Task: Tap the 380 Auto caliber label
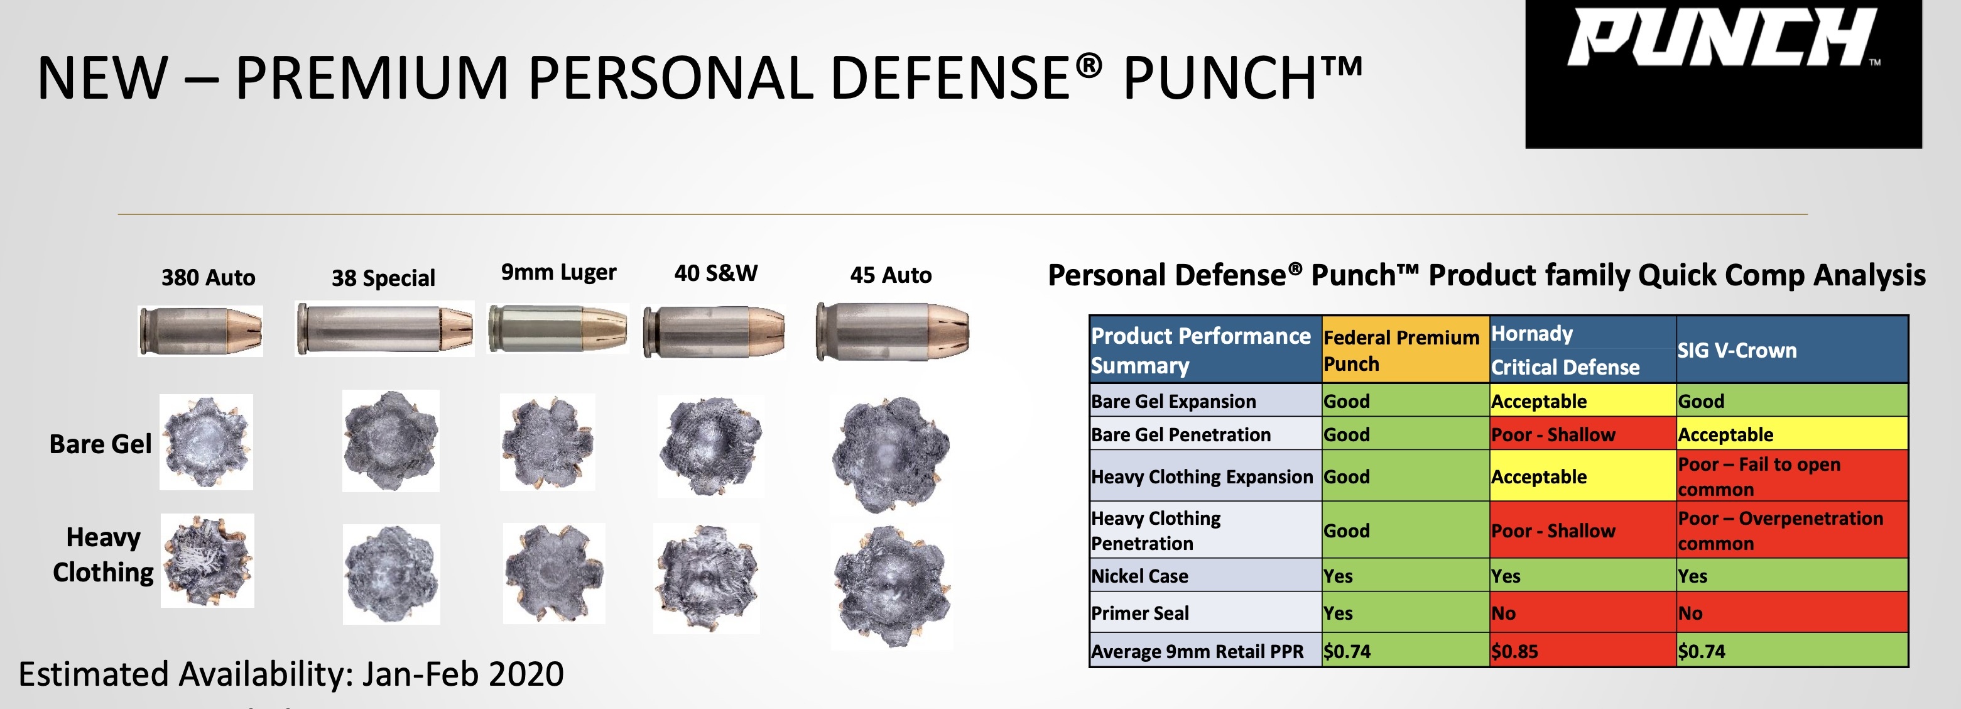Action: (208, 277)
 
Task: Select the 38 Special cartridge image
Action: (384, 329)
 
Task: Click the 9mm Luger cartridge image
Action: (557, 328)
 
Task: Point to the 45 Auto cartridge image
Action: (892, 331)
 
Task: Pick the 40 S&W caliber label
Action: (715, 273)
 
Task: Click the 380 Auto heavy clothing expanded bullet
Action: (207, 561)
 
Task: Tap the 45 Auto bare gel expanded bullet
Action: (891, 454)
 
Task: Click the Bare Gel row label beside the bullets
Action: (100, 444)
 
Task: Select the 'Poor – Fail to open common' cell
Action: (1792, 476)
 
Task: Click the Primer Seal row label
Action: (1139, 613)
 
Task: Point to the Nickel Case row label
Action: (1139, 576)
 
